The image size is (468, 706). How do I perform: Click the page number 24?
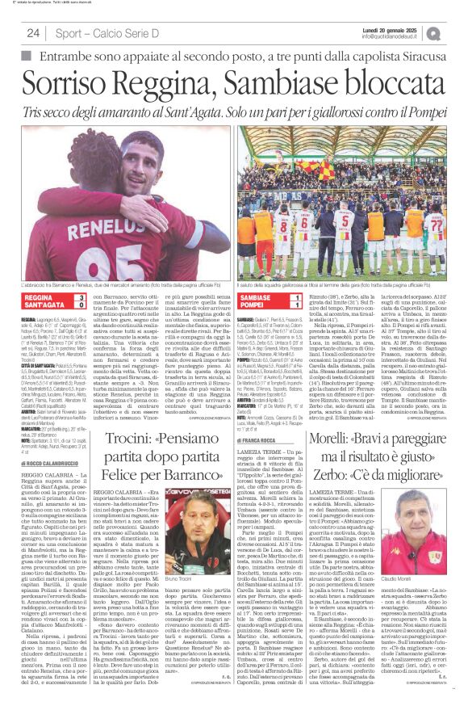[34, 33]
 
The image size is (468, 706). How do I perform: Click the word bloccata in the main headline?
[389, 82]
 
